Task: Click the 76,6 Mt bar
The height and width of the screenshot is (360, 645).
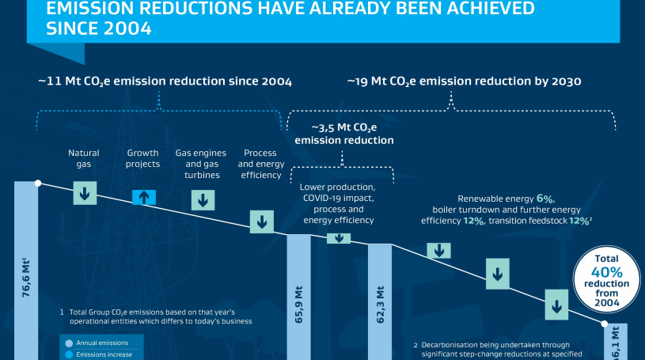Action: tap(26, 269)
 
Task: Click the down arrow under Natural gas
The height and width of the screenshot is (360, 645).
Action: tap(85, 192)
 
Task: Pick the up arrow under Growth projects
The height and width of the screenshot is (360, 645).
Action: tap(144, 198)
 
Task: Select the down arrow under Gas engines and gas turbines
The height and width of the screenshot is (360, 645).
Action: tap(202, 199)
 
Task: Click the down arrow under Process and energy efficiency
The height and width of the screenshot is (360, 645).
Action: tap(260, 222)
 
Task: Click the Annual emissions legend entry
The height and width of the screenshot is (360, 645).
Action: tap(101, 343)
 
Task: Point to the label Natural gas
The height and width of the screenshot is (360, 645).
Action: tap(84, 158)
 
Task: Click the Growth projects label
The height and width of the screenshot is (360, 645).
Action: tap(144, 158)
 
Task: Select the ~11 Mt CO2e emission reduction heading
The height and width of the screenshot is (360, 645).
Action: tap(165, 81)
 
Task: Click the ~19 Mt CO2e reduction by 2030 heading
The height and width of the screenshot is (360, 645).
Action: tap(465, 81)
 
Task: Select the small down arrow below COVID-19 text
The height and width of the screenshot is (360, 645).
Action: tap(339, 238)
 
